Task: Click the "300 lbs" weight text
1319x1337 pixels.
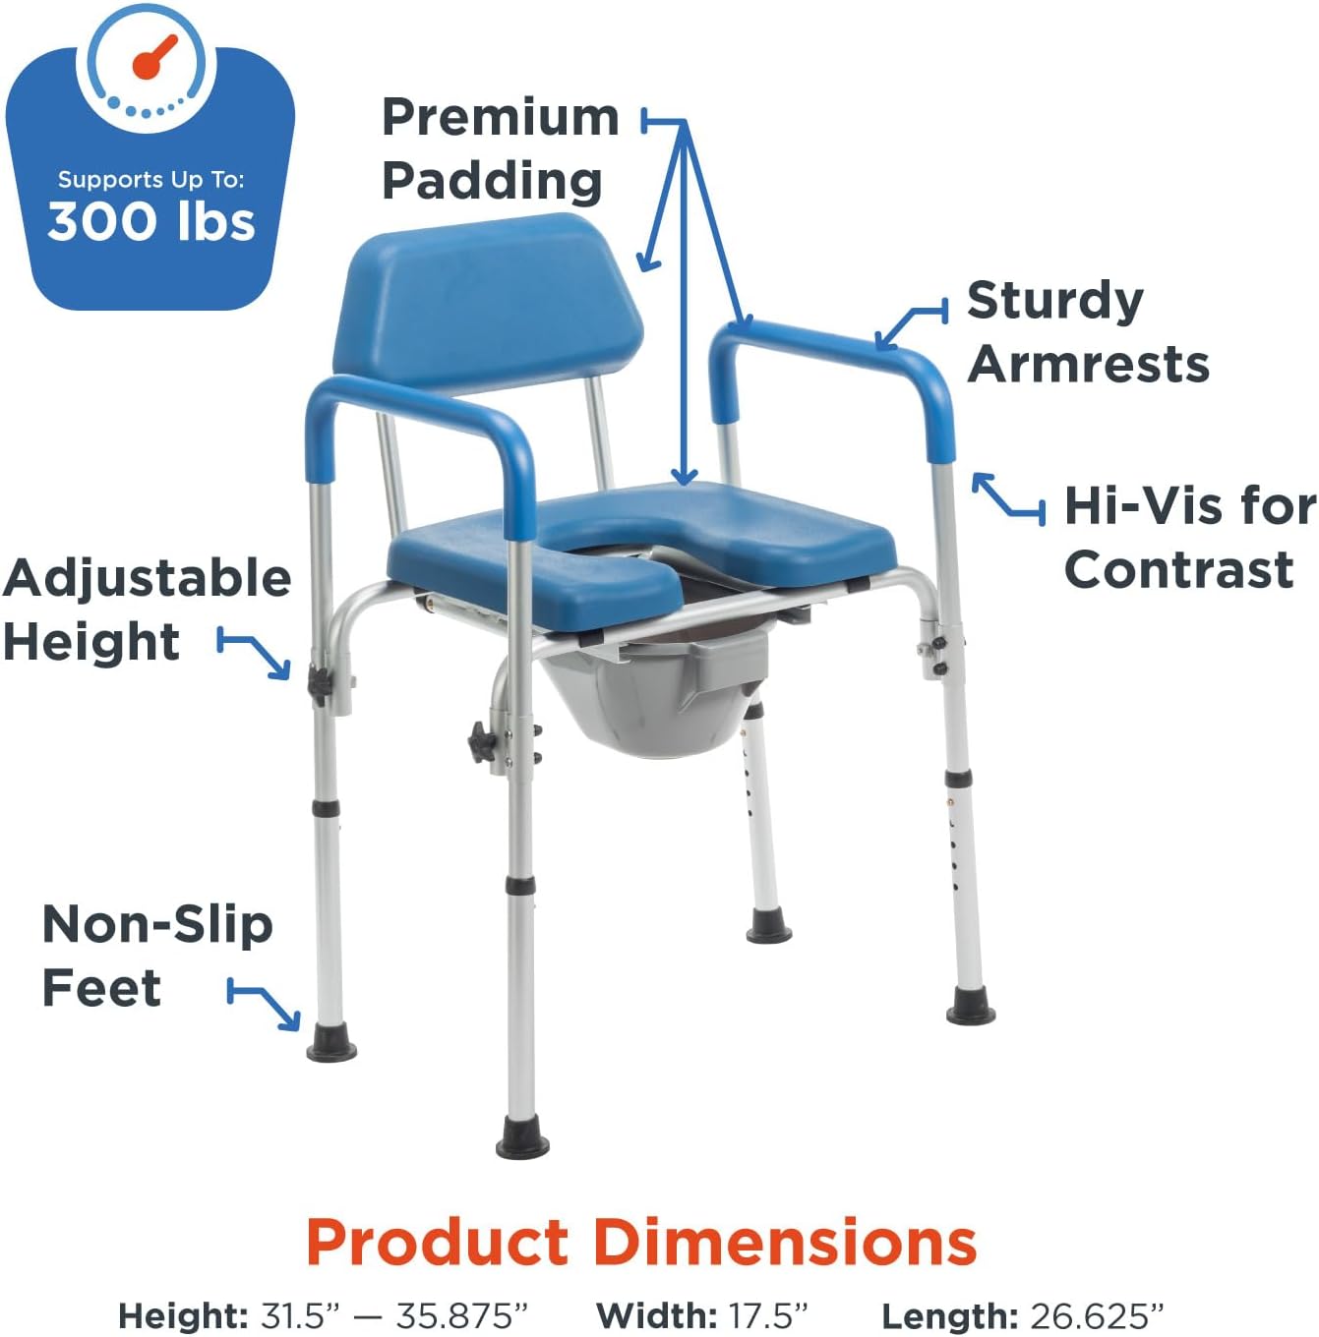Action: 151,221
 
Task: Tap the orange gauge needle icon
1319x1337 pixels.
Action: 154,58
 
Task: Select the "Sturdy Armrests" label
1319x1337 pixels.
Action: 1086,332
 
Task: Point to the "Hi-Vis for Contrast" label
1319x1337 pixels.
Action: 1189,538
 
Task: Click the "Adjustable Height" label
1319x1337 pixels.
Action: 146,610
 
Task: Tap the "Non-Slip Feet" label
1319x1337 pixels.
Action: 155,956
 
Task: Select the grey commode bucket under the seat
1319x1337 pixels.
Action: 654,697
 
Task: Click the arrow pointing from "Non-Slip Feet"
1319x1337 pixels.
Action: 265,1002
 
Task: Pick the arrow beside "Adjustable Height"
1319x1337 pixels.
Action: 255,653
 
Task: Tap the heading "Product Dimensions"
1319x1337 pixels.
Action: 641,1242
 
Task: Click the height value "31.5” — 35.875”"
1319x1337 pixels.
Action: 393,1315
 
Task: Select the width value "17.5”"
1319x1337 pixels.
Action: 767,1315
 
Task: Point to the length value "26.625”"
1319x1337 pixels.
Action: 1097,1315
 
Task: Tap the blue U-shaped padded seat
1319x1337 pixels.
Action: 767,536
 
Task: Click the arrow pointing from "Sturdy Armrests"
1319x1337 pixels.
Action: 910,324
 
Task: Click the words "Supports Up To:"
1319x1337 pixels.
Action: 150,179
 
